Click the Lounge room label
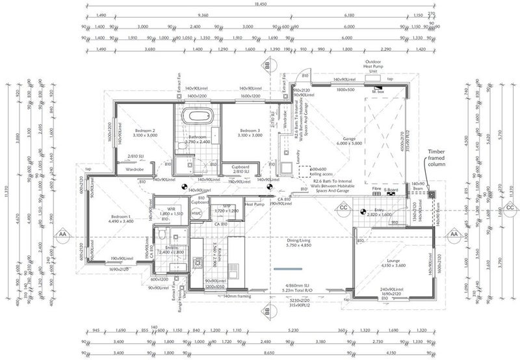pyautogui.click(x=392, y=263)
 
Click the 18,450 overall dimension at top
pyautogui.click(x=260, y=4)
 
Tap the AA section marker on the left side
pyautogui.click(x=62, y=233)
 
